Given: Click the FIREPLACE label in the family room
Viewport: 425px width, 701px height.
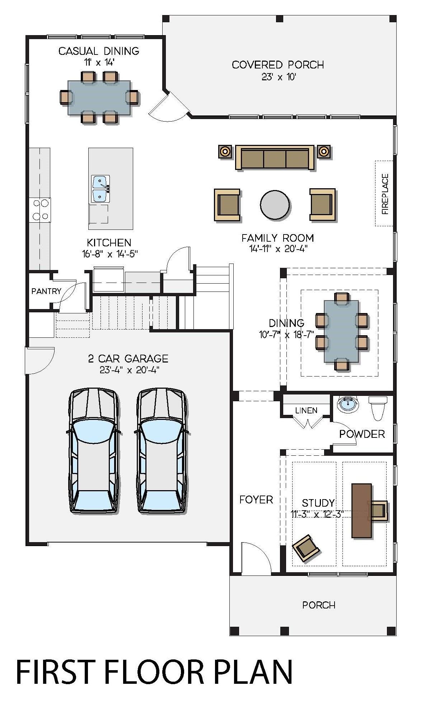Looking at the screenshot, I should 385,194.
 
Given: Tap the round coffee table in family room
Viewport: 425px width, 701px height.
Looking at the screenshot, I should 275,205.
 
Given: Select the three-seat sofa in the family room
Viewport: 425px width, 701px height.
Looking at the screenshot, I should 275,158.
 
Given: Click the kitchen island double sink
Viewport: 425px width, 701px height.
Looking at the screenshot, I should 100,189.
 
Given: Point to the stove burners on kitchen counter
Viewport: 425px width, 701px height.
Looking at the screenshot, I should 41,210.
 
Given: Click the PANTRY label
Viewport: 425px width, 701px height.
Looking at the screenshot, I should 46,291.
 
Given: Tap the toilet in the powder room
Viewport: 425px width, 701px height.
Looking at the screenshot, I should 378,408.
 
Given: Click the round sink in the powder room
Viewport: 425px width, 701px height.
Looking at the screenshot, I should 348,404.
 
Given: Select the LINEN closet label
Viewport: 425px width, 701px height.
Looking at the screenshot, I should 306,410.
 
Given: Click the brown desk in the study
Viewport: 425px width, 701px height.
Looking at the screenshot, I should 361,511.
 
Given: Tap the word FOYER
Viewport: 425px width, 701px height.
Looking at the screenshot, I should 256,499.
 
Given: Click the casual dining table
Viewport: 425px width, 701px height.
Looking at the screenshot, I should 99,98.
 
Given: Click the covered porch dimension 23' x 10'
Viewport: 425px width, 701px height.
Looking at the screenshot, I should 278,77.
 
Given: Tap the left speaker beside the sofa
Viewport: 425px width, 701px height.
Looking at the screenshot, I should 225,151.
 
